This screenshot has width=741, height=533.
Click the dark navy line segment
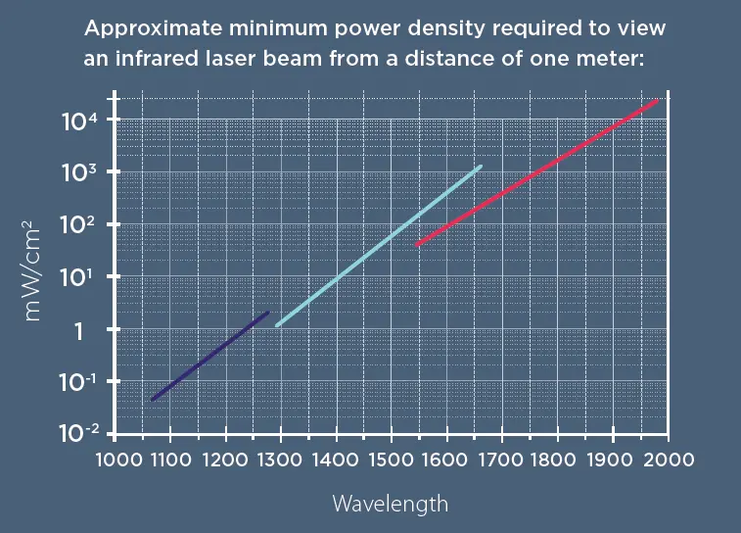pos(209,356)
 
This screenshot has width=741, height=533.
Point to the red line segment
pos(536,172)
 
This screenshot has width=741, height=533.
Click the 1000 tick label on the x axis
pos(115,459)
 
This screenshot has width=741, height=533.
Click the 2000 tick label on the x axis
pos(669,459)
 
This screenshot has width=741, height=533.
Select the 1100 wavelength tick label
pos(170,459)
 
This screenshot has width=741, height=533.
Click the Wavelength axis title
pos(391,504)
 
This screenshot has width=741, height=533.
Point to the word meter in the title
pos(614,59)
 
